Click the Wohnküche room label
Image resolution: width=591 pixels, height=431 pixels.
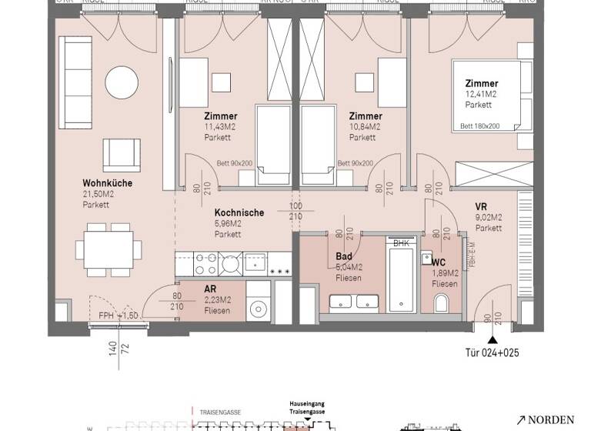click(107, 183)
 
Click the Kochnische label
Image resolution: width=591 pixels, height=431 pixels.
click(239, 212)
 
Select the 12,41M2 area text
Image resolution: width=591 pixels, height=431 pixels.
click(481, 94)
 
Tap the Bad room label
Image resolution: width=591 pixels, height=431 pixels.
click(343, 256)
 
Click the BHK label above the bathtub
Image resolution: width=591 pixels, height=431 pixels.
click(401, 243)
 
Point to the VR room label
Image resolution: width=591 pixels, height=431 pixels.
click(482, 206)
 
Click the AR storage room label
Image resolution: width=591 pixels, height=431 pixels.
click(209, 289)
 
